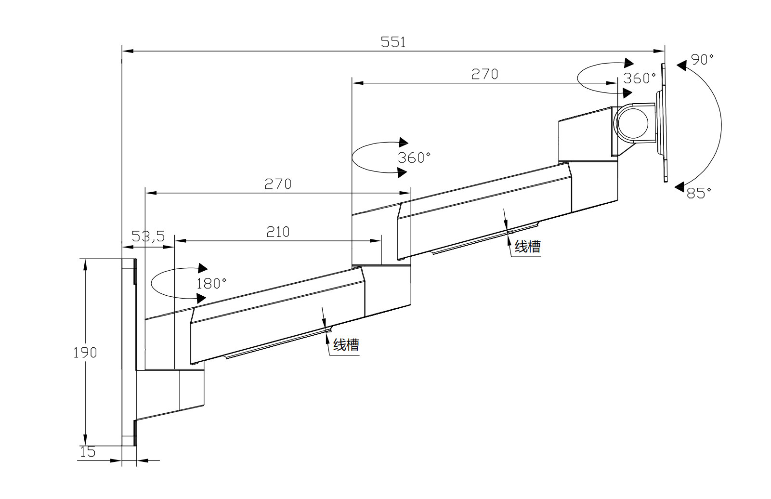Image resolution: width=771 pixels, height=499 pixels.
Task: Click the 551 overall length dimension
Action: pyautogui.click(x=393, y=42)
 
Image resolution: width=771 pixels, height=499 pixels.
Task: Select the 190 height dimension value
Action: pyautogui.click(x=85, y=353)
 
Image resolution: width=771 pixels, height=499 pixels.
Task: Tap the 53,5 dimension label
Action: pyautogui.click(x=148, y=236)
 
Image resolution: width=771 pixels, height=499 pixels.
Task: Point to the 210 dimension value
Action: pyautogui.click(x=278, y=232)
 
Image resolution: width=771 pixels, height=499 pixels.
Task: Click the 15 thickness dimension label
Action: pyautogui.click(x=88, y=452)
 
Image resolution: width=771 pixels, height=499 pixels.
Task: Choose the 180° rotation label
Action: pyautogui.click(x=211, y=284)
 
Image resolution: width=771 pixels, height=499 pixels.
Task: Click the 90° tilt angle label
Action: pyautogui.click(x=702, y=60)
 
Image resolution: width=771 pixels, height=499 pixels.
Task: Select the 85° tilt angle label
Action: pyautogui.click(x=699, y=193)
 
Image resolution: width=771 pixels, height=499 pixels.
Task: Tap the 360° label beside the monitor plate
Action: pyautogui.click(x=640, y=79)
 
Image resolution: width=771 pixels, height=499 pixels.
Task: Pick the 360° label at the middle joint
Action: pyautogui.click(x=414, y=158)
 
